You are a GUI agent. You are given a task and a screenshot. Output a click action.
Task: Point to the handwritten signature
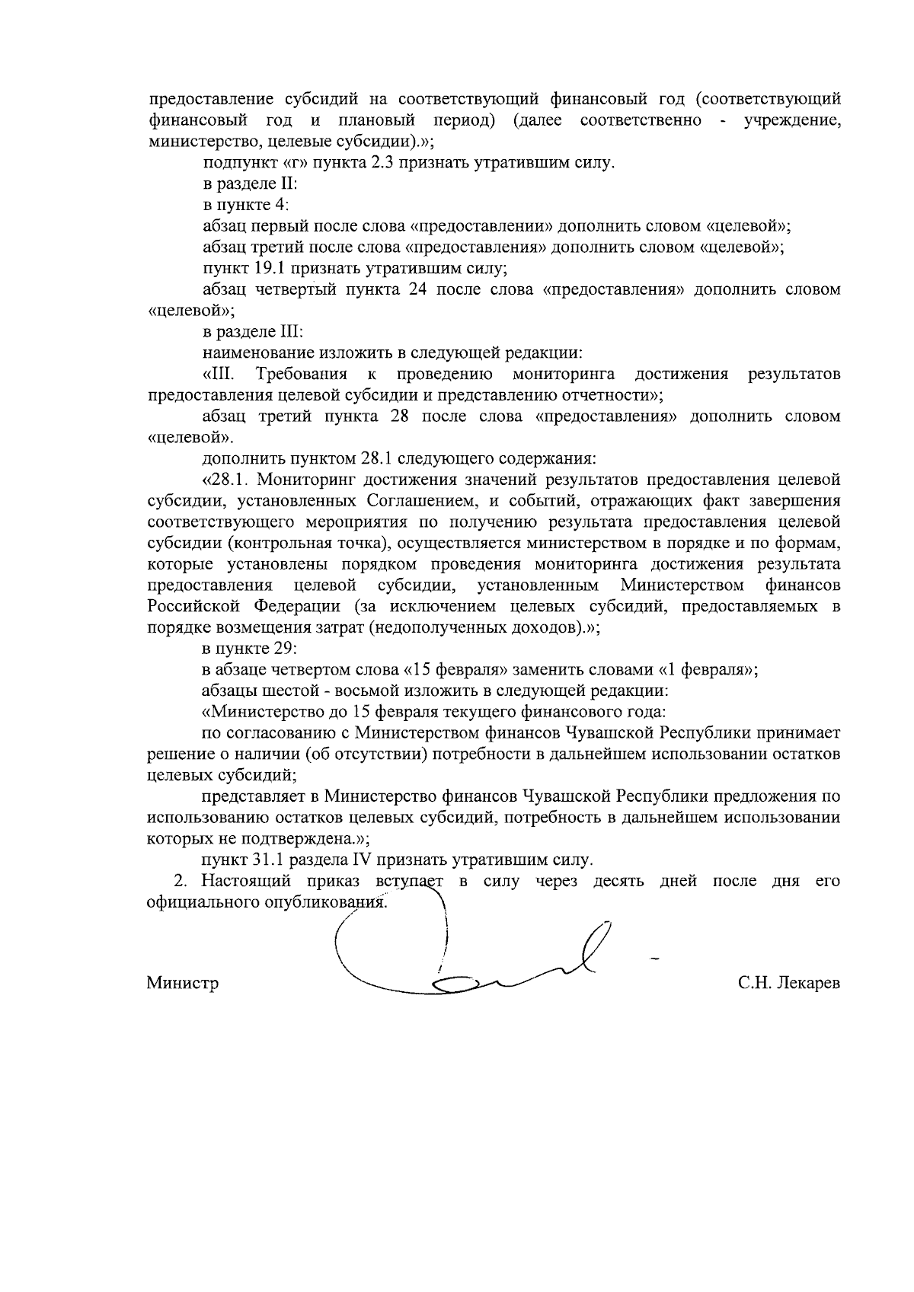click(x=472, y=952)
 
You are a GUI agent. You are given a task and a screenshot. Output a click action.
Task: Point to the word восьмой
click(x=345, y=691)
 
